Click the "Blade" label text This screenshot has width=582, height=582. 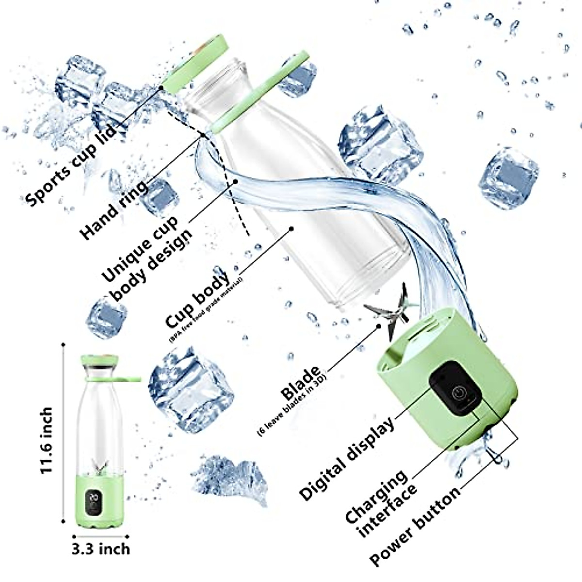coord(301,383)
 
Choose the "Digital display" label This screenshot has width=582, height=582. coord(347,459)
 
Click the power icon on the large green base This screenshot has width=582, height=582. coord(458,393)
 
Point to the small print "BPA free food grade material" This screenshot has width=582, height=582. coord(206,310)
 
